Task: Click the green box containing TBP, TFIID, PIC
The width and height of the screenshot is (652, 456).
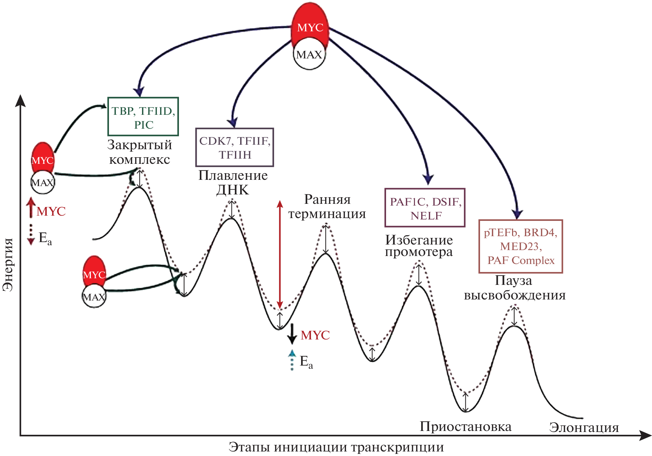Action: pyautogui.click(x=143, y=117)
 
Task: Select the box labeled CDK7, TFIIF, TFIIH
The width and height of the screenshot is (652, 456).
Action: pyautogui.click(x=235, y=147)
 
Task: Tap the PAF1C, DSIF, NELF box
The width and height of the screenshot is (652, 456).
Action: pyautogui.click(x=425, y=208)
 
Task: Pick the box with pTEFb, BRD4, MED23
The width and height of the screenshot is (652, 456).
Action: pyautogui.click(x=521, y=246)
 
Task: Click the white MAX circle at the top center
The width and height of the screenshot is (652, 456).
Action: pyautogui.click(x=309, y=55)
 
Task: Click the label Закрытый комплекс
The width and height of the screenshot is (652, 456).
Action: pyautogui.click(x=140, y=152)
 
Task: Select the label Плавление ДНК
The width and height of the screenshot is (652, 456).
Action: pyautogui.click(x=233, y=183)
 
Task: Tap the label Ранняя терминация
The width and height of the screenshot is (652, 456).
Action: pyautogui.click(x=327, y=207)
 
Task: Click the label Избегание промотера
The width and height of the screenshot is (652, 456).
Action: pyautogui.click(x=419, y=246)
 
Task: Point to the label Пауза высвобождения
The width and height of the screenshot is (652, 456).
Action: pyautogui.click(x=514, y=288)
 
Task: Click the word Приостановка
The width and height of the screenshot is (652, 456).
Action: pyautogui.click(x=465, y=426)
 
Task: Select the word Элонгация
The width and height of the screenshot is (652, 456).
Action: pyautogui.click(x=584, y=427)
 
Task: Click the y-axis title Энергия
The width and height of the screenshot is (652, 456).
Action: pyautogui.click(x=8, y=264)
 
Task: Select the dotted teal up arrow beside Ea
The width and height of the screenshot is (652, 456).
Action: pyautogui.click(x=292, y=360)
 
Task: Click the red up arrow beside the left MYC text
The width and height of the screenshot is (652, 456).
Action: pyautogui.click(x=31, y=208)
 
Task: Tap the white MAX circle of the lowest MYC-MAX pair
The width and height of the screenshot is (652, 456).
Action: pyautogui.click(x=94, y=297)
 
